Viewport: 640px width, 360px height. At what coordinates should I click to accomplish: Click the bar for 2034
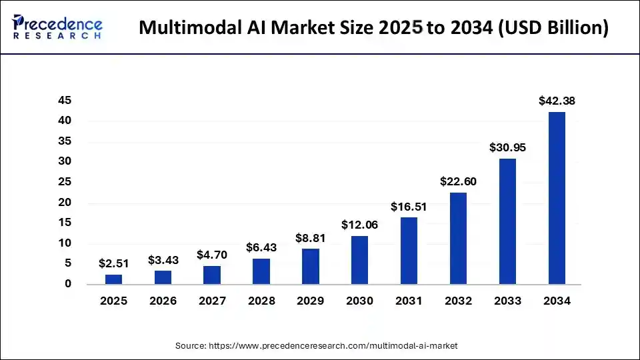coord(557,198)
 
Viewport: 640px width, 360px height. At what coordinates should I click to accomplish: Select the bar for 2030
coord(359,260)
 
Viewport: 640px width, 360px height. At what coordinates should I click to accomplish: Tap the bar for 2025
coord(113,279)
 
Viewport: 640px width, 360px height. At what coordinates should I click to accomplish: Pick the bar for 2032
coord(458,239)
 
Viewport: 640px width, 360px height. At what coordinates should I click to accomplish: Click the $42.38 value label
coord(557,101)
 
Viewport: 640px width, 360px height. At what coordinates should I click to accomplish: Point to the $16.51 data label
coord(409,207)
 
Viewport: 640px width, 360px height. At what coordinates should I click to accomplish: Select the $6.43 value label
coord(261,247)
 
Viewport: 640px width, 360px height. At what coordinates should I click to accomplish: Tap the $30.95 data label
coord(507,147)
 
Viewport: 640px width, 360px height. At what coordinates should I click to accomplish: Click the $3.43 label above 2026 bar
coord(163,259)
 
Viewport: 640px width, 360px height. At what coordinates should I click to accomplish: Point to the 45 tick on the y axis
coord(64,100)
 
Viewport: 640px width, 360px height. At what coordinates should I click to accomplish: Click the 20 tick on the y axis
coord(64,203)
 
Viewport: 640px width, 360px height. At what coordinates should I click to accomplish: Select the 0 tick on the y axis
coord(68,284)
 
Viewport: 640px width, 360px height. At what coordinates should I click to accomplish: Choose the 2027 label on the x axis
coord(212,301)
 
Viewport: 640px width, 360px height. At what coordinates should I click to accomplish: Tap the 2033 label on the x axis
coord(507,301)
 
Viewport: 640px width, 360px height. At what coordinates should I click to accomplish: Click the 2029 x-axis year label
coord(311,301)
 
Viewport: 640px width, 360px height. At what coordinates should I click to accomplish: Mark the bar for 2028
coord(261,271)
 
